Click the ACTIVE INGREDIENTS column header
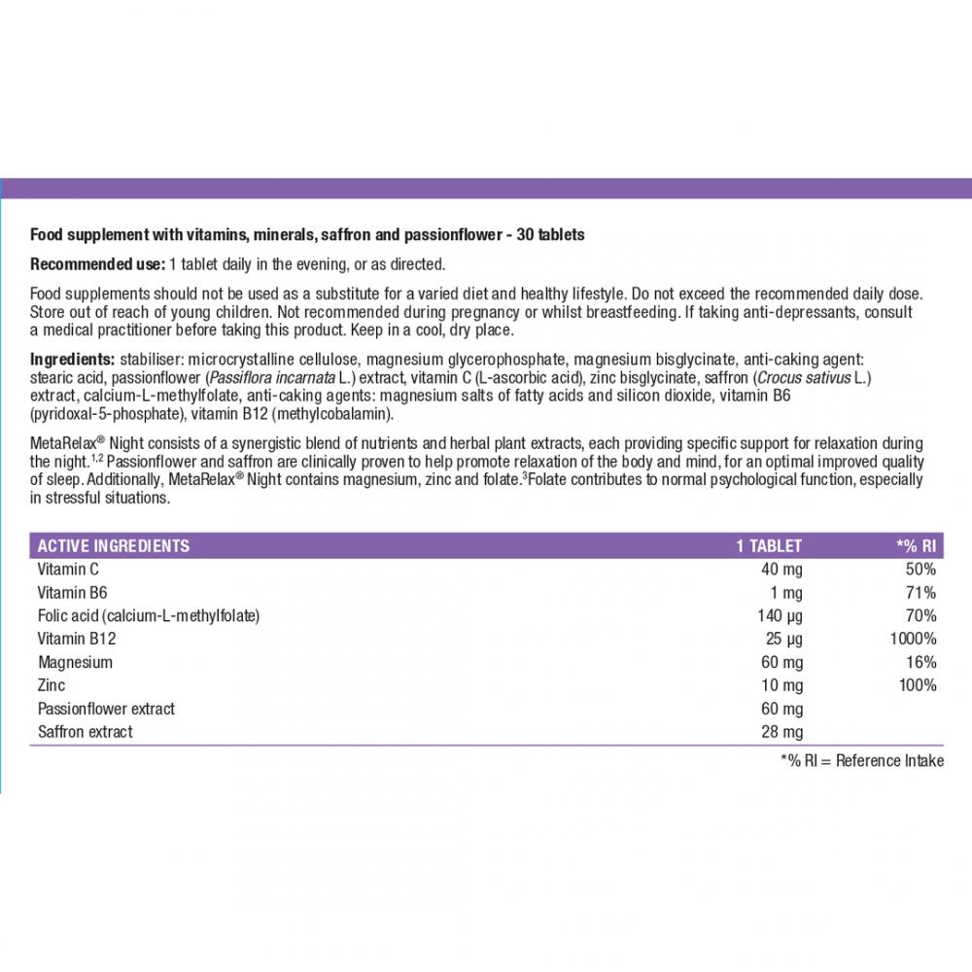coord(113,546)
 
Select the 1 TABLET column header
coord(769,546)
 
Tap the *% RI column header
coord(915,546)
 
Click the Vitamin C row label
coord(68,570)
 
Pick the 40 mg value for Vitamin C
coord(782,570)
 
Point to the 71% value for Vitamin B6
coord(921,593)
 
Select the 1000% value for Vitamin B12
coord(915,640)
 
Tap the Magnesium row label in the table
coord(76,663)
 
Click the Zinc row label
coord(52,686)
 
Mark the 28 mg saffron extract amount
coord(782,732)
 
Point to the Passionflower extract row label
coord(107,710)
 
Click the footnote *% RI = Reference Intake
coord(862,761)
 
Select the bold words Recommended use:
coord(97,264)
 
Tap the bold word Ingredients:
coord(73,359)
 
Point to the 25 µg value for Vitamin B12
coord(783,640)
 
